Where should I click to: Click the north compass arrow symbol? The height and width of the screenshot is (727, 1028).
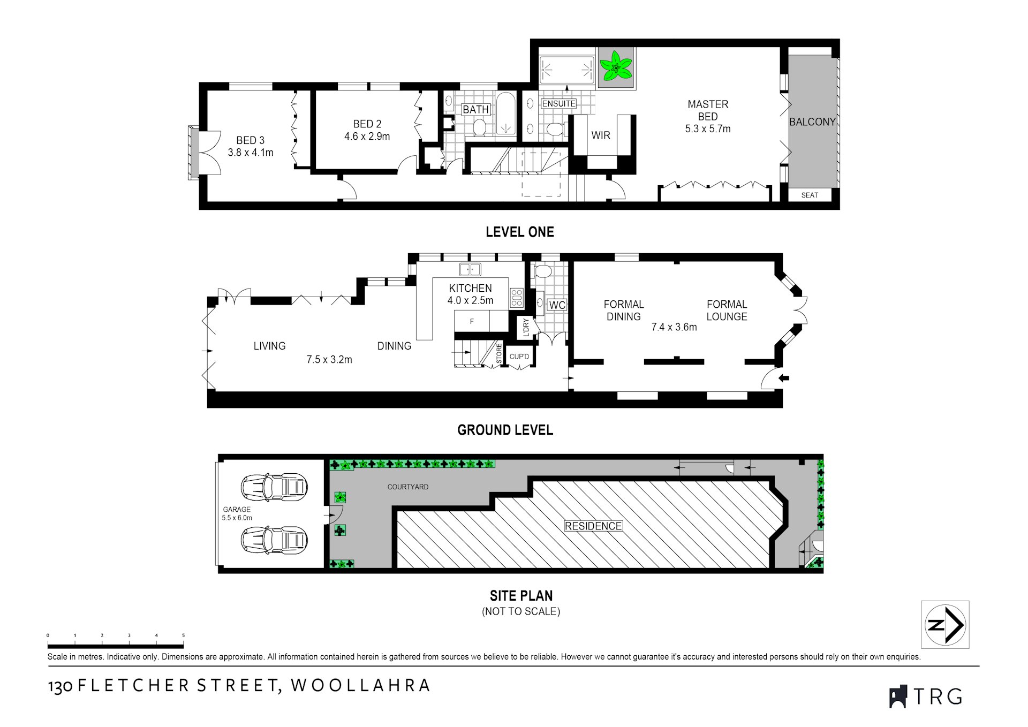pyautogui.click(x=945, y=624)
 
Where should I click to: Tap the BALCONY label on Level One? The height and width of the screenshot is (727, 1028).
pyautogui.click(x=812, y=122)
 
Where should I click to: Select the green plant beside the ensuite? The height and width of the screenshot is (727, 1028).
pyautogui.click(x=616, y=67)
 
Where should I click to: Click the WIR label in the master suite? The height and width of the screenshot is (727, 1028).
pyautogui.click(x=601, y=135)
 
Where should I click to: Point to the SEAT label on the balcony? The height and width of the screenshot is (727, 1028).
pyautogui.click(x=810, y=195)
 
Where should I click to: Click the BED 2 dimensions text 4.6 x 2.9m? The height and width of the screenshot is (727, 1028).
pyautogui.click(x=367, y=137)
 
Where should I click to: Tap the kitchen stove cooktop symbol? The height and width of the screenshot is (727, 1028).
pyautogui.click(x=516, y=298)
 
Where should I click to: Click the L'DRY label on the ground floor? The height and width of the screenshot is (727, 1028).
pyautogui.click(x=526, y=328)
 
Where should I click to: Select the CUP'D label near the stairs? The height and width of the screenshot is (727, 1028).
pyautogui.click(x=519, y=357)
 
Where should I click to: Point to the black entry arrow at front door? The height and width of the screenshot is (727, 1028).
pyautogui.click(x=784, y=378)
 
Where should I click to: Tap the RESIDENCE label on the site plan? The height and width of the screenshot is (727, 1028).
pyautogui.click(x=593, y=526)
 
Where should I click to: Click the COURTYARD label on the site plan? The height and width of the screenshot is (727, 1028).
pyautogui.click(x=408, y=487)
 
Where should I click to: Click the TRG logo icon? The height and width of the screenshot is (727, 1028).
pyautogui.click(x=898, y=696)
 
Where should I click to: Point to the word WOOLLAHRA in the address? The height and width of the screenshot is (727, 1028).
pyautogui.click(x=361, y=686)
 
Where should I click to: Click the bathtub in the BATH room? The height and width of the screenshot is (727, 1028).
pyautogui.click(x=506, y=113)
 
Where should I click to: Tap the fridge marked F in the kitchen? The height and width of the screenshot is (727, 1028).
pyautogui.click(x=472, y=321)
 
